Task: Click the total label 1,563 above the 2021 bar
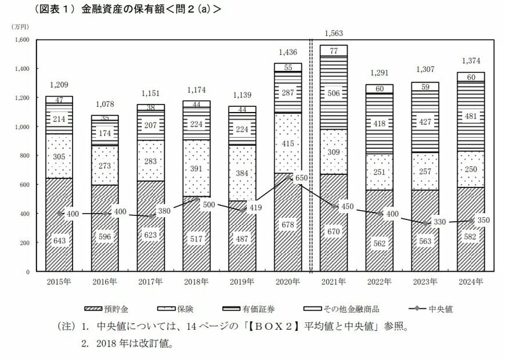[x=334, y=33]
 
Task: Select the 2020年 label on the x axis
[x=288, y=282]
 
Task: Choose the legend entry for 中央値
[x=431, y=309]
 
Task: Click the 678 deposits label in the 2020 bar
[x=288, y=241]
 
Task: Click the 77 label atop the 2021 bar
[x=334, y=51]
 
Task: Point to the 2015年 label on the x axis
[x=59, y=282]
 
